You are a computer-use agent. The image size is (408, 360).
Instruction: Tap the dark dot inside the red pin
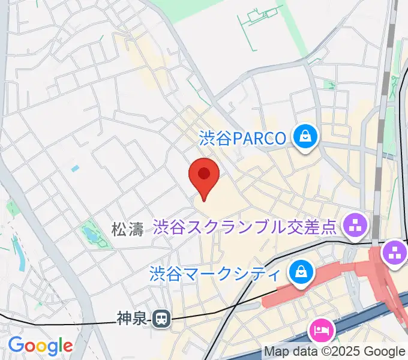[204, 173]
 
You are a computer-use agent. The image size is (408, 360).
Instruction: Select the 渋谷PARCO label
[242, 139]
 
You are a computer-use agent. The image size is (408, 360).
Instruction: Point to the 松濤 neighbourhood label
[127, 229]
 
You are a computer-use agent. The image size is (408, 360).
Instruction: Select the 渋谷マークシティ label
[215, 274]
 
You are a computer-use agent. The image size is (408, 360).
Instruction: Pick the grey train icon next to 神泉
[161, 319]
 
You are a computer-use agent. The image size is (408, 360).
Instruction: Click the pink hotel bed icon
[320, 331]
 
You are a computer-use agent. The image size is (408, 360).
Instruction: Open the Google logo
[40, 346]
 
